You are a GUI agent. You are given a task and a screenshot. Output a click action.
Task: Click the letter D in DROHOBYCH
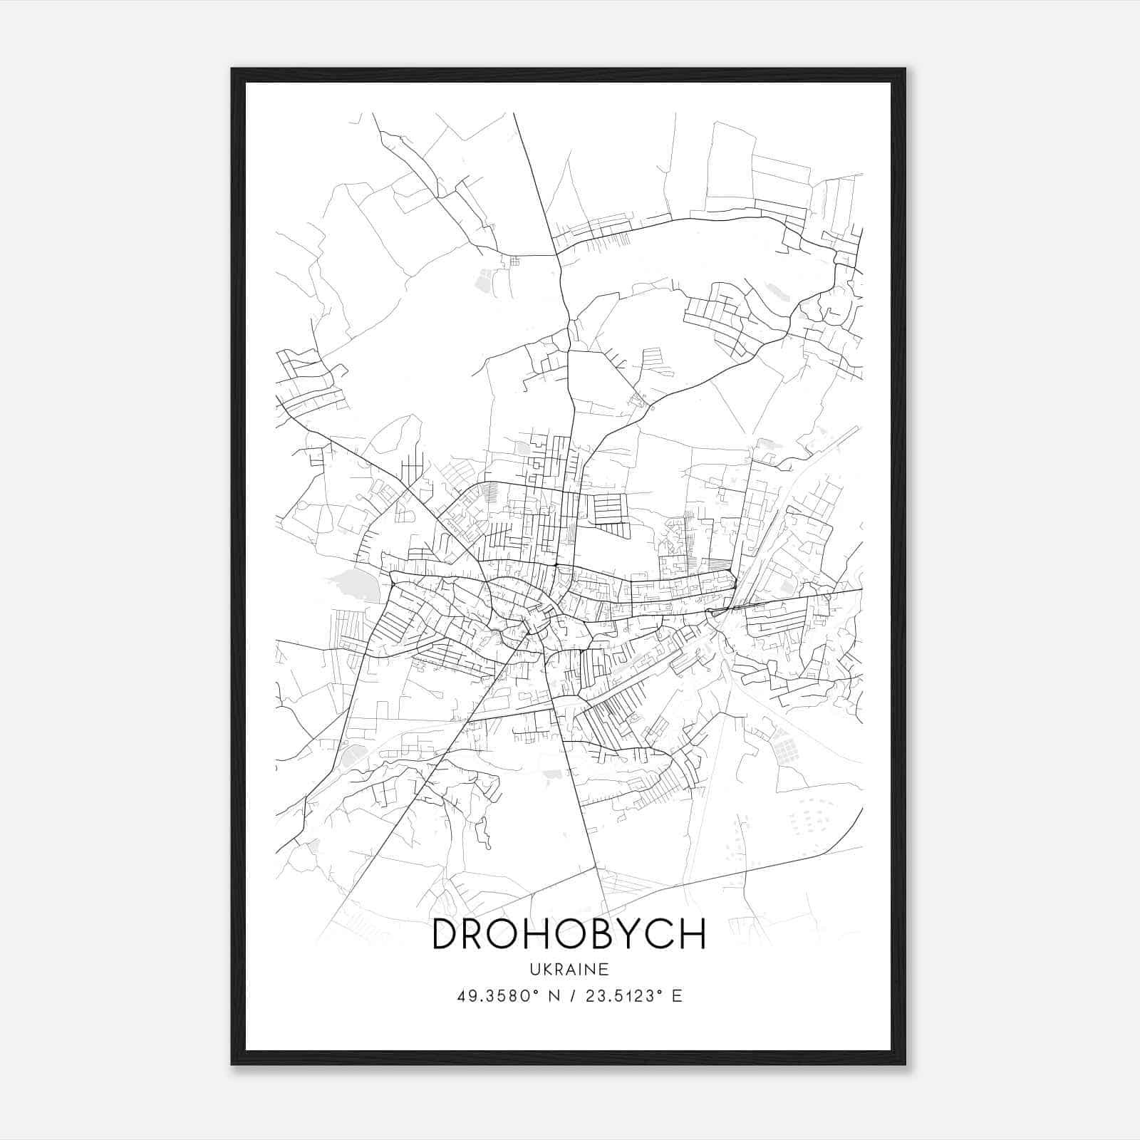tap(447, 934)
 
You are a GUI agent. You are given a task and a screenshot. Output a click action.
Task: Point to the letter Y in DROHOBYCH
tap(630, 934)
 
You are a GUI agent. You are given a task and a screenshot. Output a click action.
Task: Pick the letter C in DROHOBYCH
tap(658, 934)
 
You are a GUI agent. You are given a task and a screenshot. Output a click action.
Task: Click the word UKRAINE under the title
tap(570, 969)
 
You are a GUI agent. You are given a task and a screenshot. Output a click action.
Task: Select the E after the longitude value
tap(677, 995)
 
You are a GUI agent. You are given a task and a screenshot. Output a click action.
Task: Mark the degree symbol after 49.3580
tap(534, 991)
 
